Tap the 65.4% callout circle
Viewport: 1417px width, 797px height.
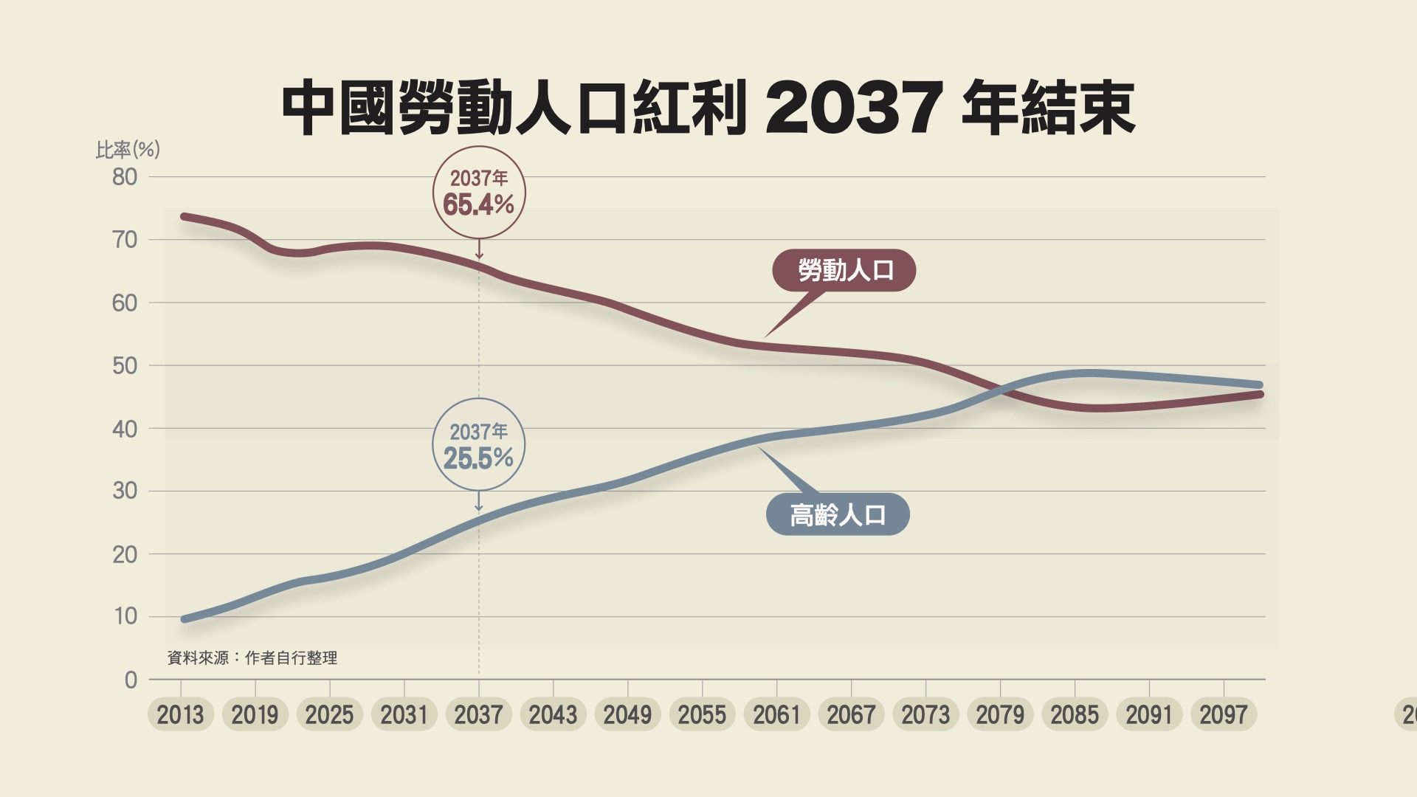[x=479, y=193]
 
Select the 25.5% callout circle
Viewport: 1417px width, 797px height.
[x=478, y=445]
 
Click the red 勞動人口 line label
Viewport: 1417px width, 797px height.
[x=844, y=270]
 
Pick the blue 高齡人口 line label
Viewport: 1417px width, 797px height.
[x=838, y=514]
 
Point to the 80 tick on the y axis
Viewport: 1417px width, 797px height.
[x=125, y=177]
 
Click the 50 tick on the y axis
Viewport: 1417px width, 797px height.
[x=125, y=365]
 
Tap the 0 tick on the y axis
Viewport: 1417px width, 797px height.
[x=131, y=680]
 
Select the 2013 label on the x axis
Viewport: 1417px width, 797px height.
[x=180, y=714]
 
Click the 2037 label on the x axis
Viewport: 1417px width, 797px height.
[x=478, y=714]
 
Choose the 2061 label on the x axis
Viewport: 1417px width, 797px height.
[x=776, y=714]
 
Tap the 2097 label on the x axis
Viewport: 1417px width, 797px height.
[x=1223, y=714]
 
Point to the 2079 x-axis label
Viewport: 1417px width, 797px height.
[x=1000, y=714]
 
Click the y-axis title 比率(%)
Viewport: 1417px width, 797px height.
[x=128, y=150]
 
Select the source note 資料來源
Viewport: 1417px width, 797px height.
[x=252, y=658]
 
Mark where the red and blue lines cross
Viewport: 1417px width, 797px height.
[x=1004, y=390]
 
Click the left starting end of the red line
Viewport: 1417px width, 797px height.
[x=185, y=216]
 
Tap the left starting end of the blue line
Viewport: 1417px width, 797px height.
[x=185, y=619]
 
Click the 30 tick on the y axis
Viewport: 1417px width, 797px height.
[x=125, y=491]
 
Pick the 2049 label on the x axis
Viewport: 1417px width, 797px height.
[x=627, y=714]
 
